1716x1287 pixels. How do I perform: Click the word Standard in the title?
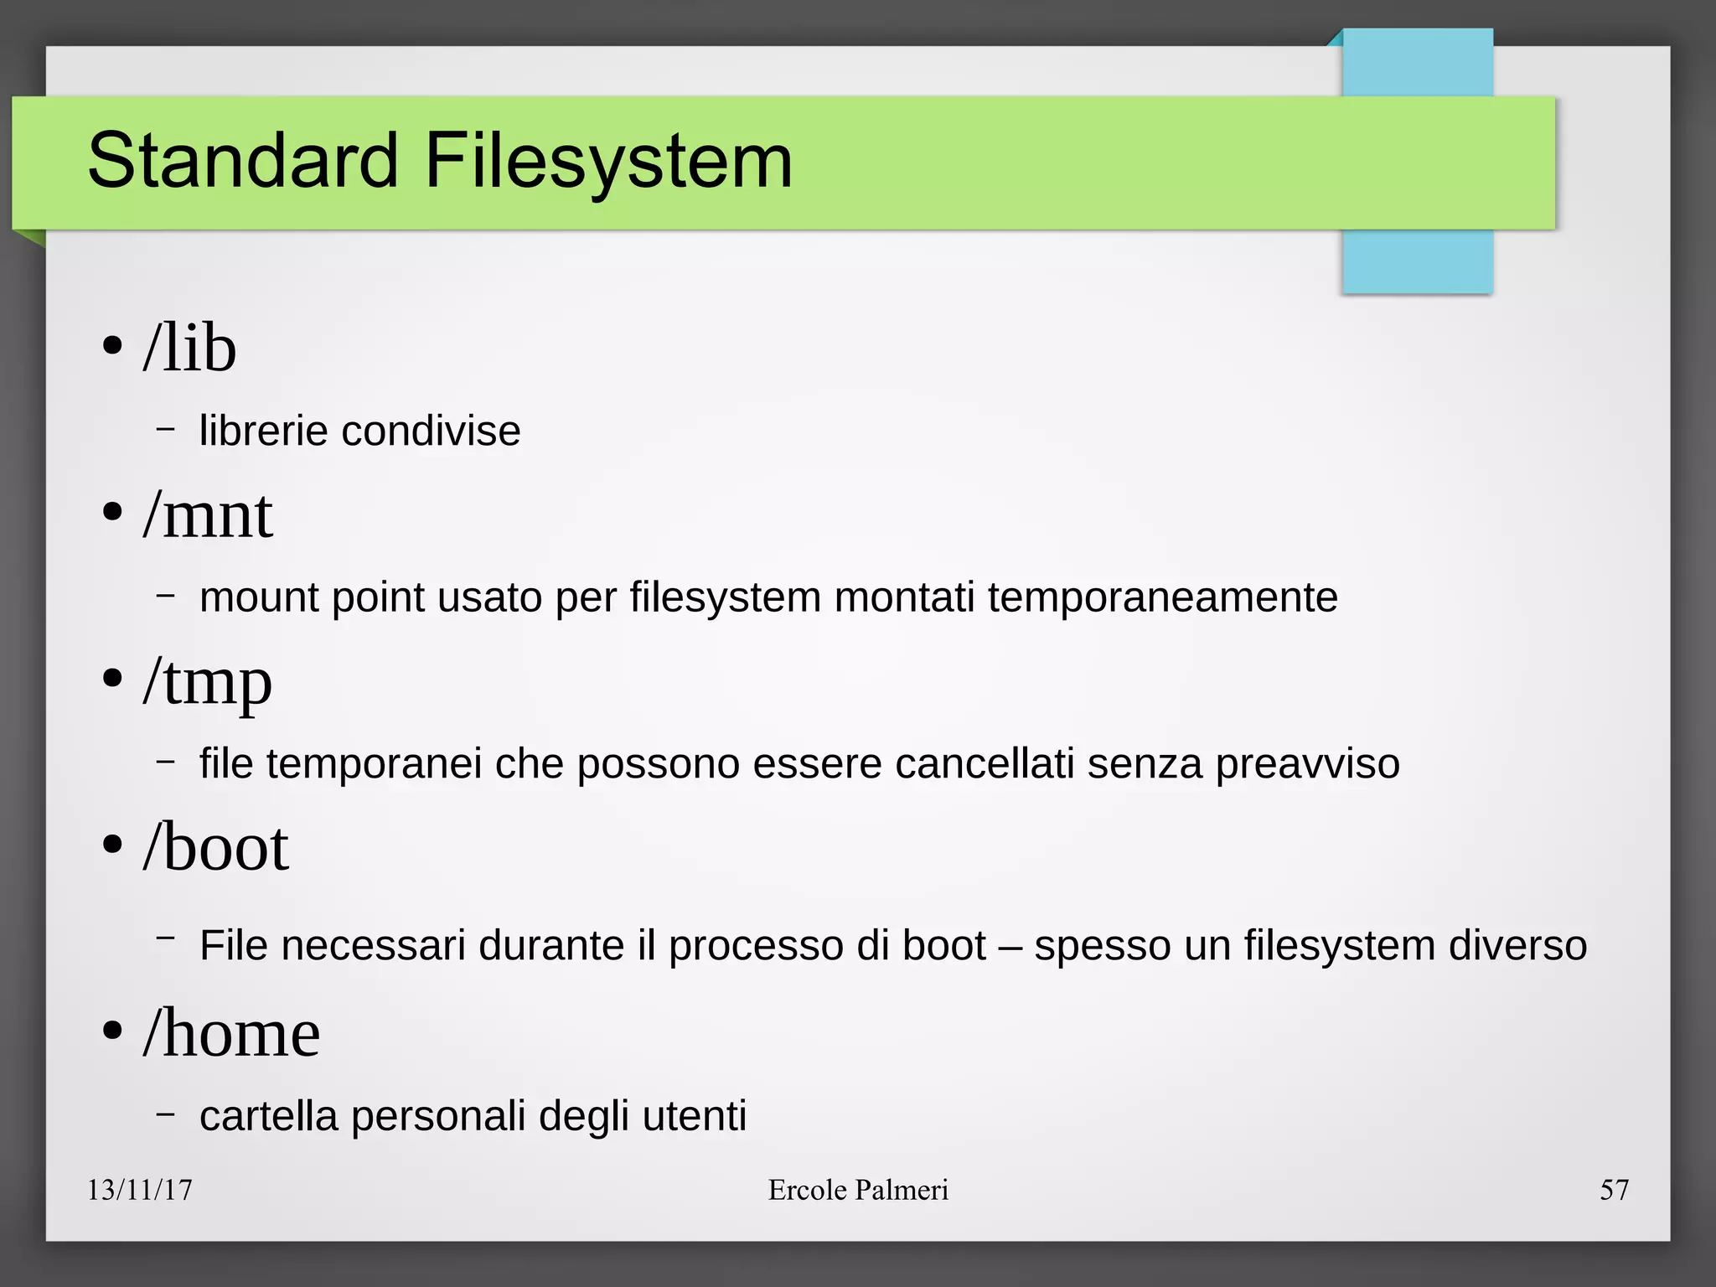(x=242, y=160)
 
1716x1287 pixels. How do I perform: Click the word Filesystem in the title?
(x=608, y=160)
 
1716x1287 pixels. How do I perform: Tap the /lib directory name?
(x=190, y=348)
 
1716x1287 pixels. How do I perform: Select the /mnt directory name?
(x=208, y=514)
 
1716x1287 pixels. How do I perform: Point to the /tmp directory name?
(x=208, y=682)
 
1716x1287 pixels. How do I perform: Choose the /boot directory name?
(x=216, y=848)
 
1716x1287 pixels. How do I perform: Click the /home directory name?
(x=232, y=1033)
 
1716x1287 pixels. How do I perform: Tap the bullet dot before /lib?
(x=112, y=346)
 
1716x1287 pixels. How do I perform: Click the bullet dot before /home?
(x=112, y=1031)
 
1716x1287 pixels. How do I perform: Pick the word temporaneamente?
(x=1162, y=597)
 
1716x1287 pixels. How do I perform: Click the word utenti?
(x=694, y=1116)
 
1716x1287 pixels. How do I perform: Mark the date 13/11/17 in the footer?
(x=140, y=1190)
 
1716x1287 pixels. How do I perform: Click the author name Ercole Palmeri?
(x=858, y=1190)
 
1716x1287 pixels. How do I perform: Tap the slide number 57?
(x=1614, y=1190)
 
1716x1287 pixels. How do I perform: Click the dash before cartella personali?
(x=166, y=1114)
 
